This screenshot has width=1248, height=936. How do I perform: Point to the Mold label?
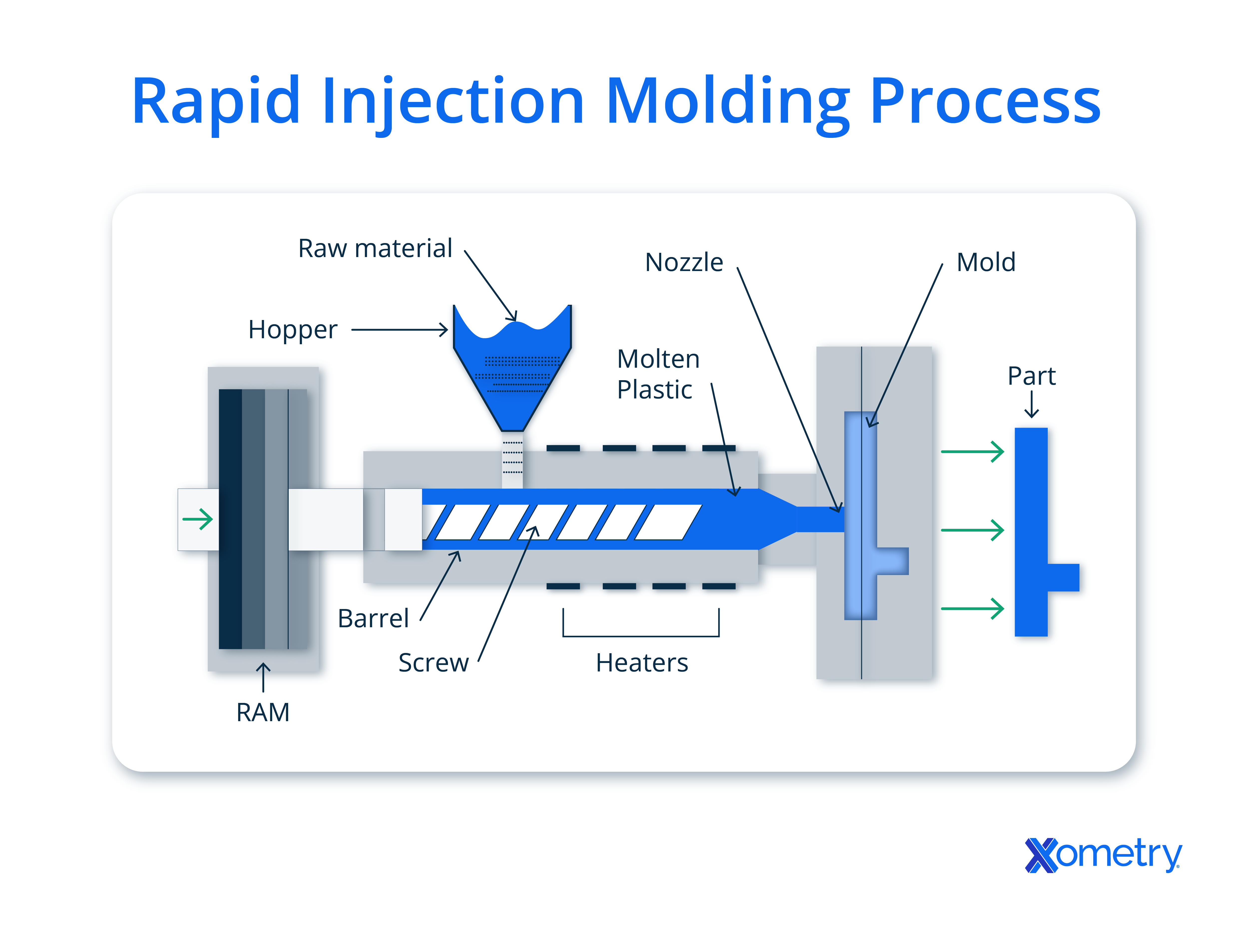(x=986, y=263)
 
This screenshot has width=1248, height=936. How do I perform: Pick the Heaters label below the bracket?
(x=641, y=663)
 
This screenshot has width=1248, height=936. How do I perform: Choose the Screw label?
(x=433, y=663)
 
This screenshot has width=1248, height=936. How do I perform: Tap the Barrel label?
(x=373, y=619)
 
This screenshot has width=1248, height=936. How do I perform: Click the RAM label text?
(x=263, y=712)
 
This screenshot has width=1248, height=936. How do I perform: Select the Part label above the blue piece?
(x=1031, y=376)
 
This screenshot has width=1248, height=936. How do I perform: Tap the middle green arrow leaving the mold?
(x=972, y=530)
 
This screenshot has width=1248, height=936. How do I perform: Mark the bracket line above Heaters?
(x=641, y=636)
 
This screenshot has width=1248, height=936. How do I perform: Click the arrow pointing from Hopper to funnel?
(x=400, y=330)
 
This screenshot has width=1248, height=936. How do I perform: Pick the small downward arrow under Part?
(x=1031, y=405)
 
